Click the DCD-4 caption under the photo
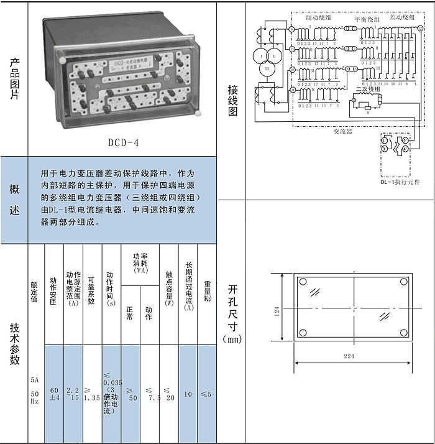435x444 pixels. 123,142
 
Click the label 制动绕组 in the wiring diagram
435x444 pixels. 318,19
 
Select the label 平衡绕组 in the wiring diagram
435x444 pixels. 366,19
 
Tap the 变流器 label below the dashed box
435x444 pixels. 342,132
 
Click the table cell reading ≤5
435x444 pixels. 206,394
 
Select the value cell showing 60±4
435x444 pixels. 54,394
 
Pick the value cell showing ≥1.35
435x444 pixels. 92,394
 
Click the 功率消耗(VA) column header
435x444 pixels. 140,265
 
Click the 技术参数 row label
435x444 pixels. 14,343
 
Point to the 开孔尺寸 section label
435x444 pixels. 232,314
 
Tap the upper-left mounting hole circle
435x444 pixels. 303,282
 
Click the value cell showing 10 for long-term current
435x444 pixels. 188,394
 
